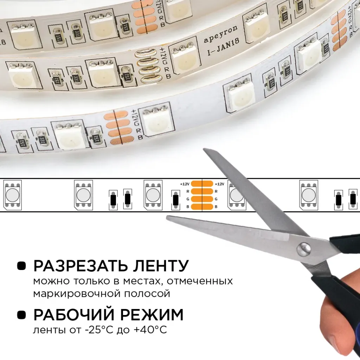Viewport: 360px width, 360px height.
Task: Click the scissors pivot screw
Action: click(x=303, y=249)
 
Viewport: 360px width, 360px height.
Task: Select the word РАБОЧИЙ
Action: click(x=74, y=315)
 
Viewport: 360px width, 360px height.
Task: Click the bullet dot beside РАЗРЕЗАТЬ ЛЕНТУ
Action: click(x=21, y=266)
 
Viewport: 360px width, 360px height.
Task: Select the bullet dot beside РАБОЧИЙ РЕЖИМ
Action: click(x=21, y=315)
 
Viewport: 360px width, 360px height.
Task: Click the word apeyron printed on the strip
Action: click(x=221, y=34)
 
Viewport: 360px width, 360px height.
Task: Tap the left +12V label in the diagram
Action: click(x=185, y=184)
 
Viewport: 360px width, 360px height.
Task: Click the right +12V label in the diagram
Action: click(x=219, y=184)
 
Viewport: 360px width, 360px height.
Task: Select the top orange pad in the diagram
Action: click(x=202, y=184)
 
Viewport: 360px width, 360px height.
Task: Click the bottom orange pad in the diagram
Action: click(x=202, y=207)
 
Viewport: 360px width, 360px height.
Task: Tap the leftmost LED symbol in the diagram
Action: click(x=12, y=195)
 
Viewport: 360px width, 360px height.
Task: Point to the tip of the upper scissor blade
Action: click(x=204, y=149)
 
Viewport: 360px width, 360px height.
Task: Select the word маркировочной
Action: click(x=76, y=294)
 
